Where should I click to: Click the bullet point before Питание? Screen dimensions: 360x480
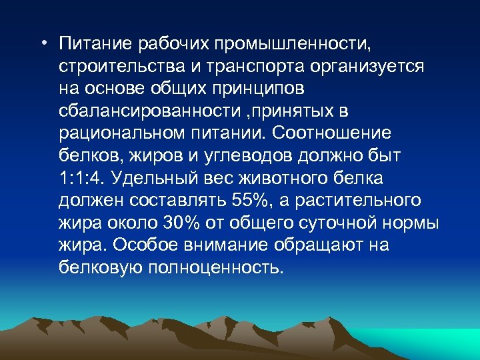[43, 45]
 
